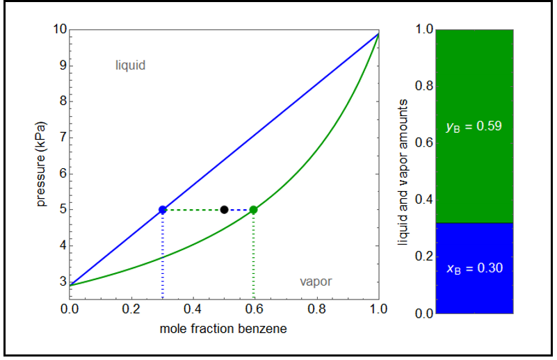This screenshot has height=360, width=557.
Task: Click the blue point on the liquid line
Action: coord(163,209)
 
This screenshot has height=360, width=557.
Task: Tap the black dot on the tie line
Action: coord(224,209)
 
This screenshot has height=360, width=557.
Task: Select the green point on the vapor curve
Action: coord(253,209)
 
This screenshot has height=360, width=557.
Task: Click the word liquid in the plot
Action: coord(130,65)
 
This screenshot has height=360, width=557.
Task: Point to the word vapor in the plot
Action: coord(316,281)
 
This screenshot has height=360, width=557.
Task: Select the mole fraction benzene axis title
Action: coord(223,329)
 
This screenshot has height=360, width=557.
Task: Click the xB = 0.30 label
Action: coord(474,268)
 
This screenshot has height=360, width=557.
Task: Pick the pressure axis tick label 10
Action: coord(59,30)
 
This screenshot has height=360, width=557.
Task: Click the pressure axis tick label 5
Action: coord(62,209)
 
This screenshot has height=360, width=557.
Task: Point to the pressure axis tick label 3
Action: coord(62,281)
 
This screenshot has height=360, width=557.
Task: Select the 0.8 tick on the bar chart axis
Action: coord(423,87)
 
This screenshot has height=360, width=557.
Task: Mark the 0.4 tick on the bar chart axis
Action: coord(423,200)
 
